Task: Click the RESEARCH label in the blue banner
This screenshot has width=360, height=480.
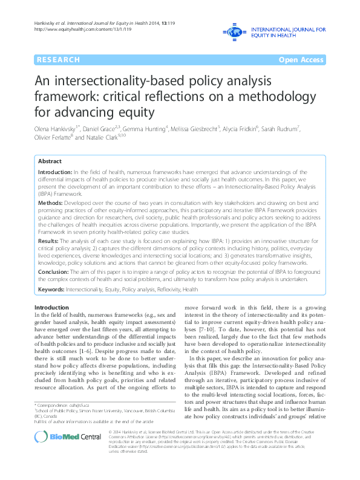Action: [x=58, y=60]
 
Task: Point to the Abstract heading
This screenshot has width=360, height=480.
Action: [x=50, y=162]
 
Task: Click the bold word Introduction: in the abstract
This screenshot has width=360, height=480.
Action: [x=55, y=172]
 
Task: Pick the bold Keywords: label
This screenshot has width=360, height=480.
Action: [x=51, y=290]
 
